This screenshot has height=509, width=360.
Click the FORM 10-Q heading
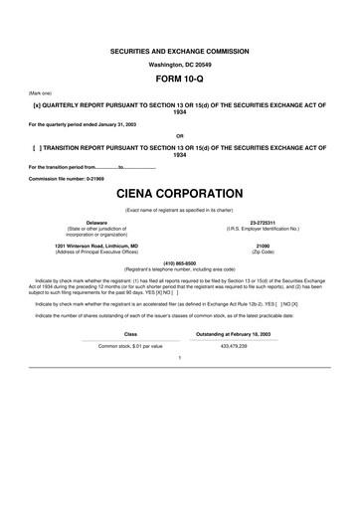[x=179, y=76]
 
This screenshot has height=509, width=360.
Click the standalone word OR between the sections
[x=179, y=135]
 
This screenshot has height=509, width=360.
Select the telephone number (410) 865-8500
[x=179, y=263]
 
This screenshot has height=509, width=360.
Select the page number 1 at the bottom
[x=179, y=356]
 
